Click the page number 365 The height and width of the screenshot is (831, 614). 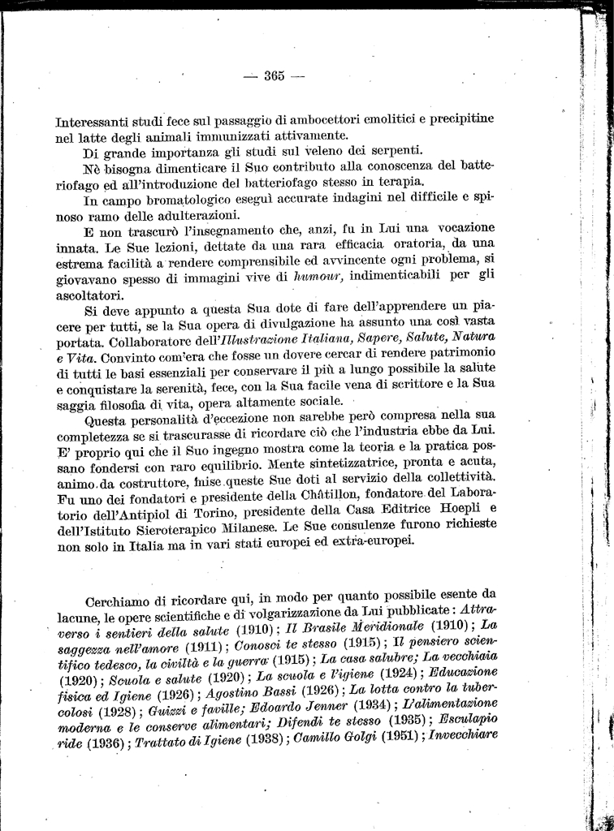273,76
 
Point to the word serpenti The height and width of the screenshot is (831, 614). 394,149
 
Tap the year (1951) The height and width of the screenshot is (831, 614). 370,739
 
